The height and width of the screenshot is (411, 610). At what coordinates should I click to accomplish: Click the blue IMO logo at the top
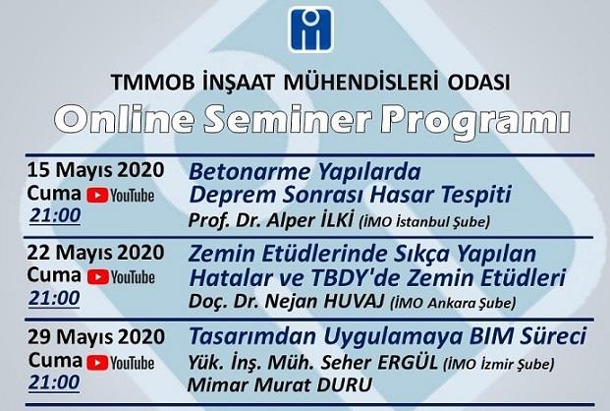pos(310,29)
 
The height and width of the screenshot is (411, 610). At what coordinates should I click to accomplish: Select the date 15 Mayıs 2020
pos(95,170)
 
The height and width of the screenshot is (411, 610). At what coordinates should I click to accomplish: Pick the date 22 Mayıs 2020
pos(95,253)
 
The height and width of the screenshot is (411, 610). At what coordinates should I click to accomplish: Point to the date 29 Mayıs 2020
pos(96,336)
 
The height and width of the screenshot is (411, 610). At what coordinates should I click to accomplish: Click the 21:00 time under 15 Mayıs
pos(55,215)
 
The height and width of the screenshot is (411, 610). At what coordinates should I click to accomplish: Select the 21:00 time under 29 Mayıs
pos(54,382)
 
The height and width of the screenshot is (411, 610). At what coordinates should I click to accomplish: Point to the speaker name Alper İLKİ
pos(310,220)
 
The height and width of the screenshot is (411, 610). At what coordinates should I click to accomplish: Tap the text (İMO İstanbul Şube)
pos(424,222)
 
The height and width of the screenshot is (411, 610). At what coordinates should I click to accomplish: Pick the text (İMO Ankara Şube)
pos(453,304)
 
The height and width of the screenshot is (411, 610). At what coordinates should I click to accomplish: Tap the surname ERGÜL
pos(408,363)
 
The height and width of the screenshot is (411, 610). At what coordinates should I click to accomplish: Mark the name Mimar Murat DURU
pos(280,385)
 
